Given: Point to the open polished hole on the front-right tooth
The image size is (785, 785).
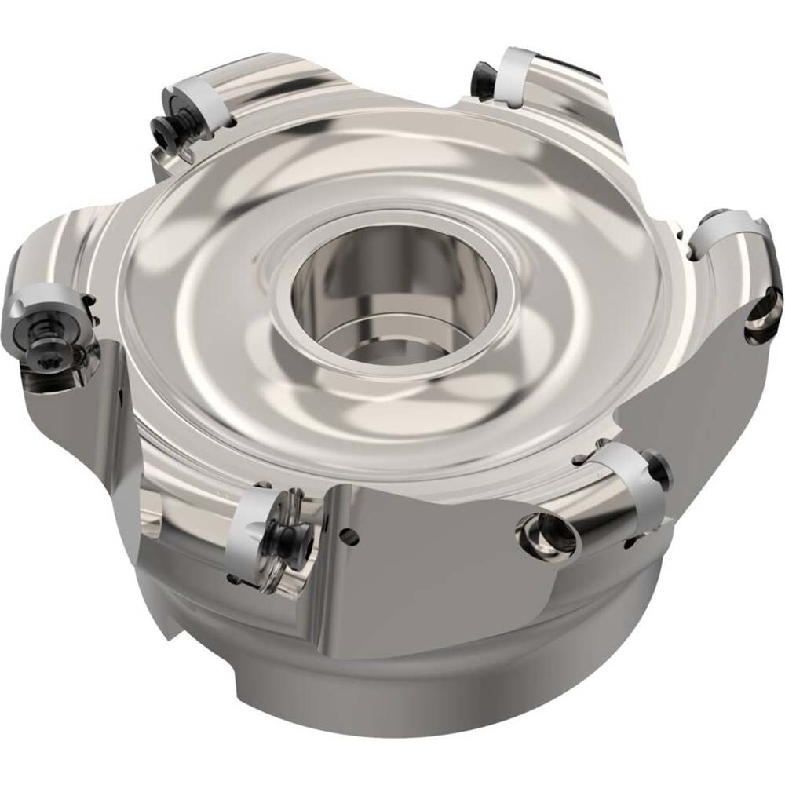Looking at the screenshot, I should [547, 536].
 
